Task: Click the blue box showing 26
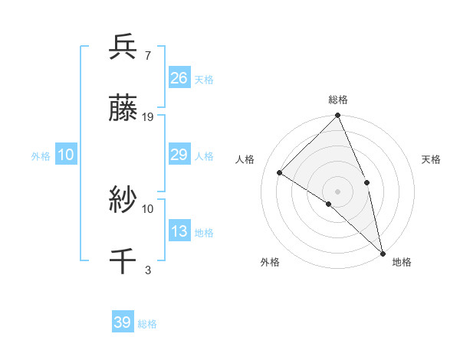pyautogui.click(x=179, y=78)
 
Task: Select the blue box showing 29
pyautogui.click(x=179, y=155)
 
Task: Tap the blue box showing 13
pyautogui.click(x=179, y=231)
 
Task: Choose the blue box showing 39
pyautogui.click(x=123, y=322)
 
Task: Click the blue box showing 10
pyautogui.click(x=66, y=155)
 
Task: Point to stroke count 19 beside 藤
pyautogui.click(x=148, y=117)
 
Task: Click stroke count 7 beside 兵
pyautogui.click(x=147, y=56)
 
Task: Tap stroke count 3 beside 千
pyautogui.click(x=147, y=270)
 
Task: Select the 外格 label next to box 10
pyautogui.click(x=41, y=156)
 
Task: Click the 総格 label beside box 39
pyautogui.click(x=147, y=324)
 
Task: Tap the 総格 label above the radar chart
pyautogui.click(x=338, y=100)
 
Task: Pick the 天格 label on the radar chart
pyautogui.click(x=432, y=159)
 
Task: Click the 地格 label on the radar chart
pyautogui.click(x=402, y=262)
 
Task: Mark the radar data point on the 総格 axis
pyautogui.click(x=338, y=116)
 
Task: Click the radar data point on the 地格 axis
pyautogui.click(x=383, y=252)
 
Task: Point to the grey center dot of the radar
pyautogui.click(x=338, y=191)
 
